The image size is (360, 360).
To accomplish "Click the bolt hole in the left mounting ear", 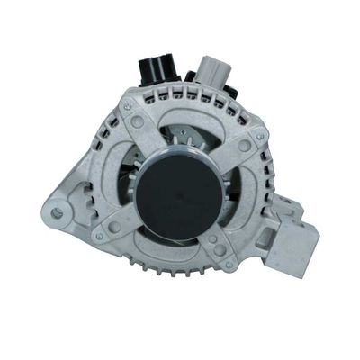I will (58, 213).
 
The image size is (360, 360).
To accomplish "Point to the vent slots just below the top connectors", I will (180, 104).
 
